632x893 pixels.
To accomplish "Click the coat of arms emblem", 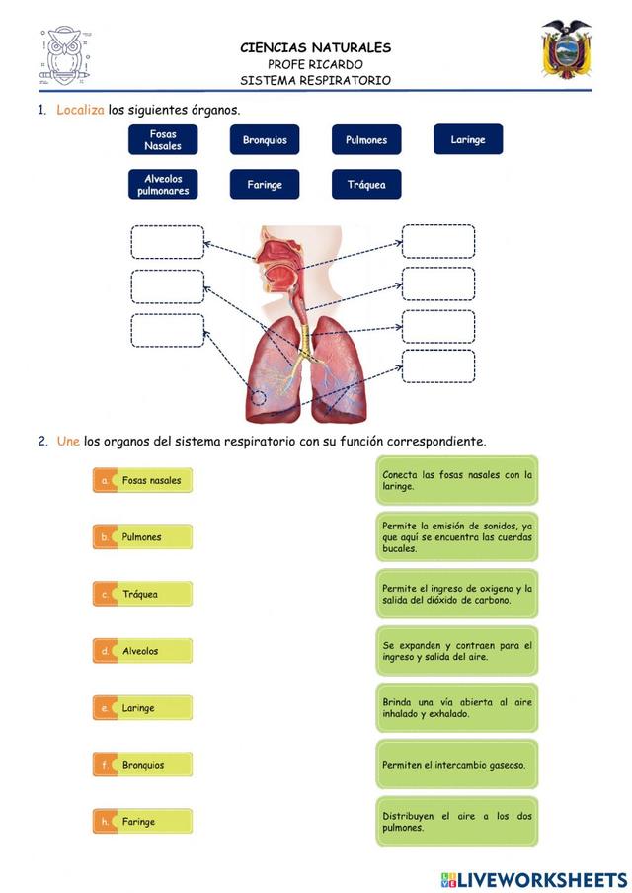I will point(566,49).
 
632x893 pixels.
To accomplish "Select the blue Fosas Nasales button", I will point(163,139).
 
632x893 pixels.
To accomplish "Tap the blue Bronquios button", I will point(265,140).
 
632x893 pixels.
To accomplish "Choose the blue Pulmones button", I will point(366,140).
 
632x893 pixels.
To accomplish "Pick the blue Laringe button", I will point(468,139).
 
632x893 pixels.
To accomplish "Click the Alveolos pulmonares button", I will point(163,185).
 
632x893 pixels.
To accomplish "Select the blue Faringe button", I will point(265,185).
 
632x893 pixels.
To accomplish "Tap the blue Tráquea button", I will point(366,185).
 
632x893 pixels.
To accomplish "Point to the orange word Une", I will point(68,442).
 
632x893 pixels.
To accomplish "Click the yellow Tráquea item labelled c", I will point(142,595).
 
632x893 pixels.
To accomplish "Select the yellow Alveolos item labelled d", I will point(142,651).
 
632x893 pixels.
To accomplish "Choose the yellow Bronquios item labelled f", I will point(142,765).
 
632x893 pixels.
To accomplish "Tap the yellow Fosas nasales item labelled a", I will point(142,481).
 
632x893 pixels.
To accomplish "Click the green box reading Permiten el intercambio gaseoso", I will point(456,765).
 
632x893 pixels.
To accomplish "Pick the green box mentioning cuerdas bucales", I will point(456,536).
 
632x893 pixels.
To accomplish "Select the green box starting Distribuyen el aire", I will point(456,822).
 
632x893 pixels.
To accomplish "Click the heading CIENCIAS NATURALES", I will point(316,47).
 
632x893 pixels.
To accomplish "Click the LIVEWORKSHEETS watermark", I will point(534,879).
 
